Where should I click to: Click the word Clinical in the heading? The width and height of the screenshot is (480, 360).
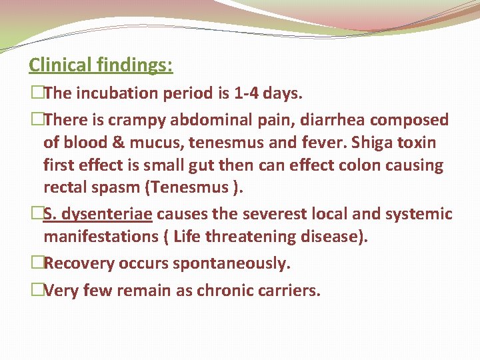[58, 65]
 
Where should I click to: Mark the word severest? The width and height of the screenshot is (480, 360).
[259, 214]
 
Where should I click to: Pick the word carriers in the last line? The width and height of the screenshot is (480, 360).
[289, 290]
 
